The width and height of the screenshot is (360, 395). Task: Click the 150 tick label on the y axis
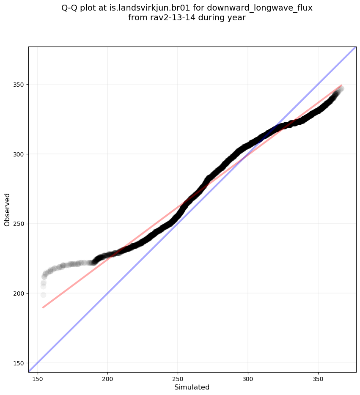[20, 363]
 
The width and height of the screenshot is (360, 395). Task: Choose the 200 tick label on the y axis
[20, 294]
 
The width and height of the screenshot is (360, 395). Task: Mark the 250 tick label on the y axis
[20, 224]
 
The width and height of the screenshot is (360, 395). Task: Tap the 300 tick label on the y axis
[20, 154]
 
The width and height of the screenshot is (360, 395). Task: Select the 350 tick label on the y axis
[20, 85]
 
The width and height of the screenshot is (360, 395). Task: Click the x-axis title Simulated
[192, 387]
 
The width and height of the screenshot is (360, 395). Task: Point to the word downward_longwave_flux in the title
[260, 8]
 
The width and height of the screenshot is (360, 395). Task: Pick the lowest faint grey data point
[43, 295]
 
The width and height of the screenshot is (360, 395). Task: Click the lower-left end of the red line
[43, 307]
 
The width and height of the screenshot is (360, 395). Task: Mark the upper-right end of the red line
[341, 85]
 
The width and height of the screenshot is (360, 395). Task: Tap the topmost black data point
[341, 89]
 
